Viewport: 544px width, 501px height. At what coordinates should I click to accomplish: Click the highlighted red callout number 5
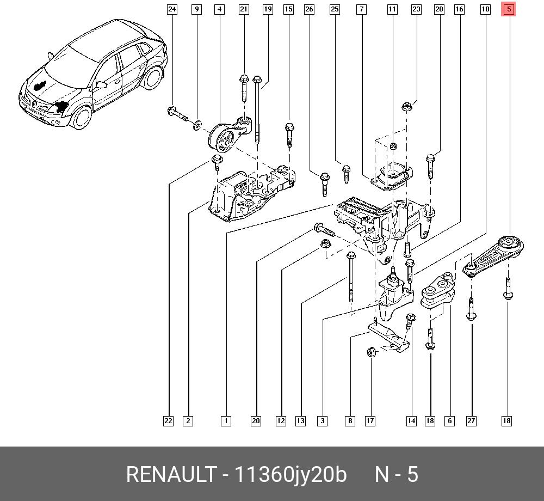pos(508,9)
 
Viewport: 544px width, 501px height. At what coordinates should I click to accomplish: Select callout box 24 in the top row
pos(172,9)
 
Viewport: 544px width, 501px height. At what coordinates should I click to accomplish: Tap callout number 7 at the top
pos(361,9)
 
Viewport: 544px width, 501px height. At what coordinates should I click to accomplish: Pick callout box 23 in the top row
pos(416,9)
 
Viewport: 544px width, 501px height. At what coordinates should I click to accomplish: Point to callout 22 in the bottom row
pos(169,420)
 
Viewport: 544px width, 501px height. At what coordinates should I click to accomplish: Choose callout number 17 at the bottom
pos(370,420)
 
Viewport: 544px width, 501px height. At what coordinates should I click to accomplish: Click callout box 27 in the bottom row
pos(471,420)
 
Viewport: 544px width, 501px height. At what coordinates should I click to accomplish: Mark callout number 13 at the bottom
pos(301,420)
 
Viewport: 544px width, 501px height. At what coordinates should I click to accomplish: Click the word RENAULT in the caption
pos(171,474)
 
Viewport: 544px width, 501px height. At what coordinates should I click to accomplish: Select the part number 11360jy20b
pos(290,474)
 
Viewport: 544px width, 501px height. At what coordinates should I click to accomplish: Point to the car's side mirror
pos(101,85)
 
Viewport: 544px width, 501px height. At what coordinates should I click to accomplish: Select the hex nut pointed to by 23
pos(406,107)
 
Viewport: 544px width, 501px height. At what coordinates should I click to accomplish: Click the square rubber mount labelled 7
pos(392,177)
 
